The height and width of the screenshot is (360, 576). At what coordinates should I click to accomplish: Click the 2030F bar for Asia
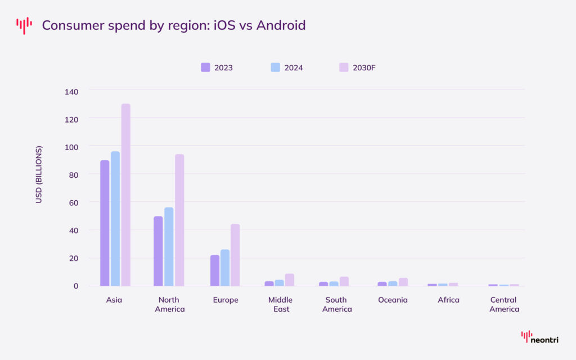(x=125, y=195)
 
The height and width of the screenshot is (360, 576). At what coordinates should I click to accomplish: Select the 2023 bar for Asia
(x=105, y=223)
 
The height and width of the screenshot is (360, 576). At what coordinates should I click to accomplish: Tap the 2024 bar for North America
(x=169, y=246)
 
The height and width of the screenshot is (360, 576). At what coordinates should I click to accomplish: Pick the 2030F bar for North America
(x=179, y=220)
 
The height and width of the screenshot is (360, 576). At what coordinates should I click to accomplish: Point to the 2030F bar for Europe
(x=235, y=255)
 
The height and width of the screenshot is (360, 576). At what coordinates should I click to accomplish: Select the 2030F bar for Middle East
(x=290, y=280)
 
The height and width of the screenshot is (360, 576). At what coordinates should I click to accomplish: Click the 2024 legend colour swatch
(x=276, y=67)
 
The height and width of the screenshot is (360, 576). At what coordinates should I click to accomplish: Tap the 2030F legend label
(x=364, y=68)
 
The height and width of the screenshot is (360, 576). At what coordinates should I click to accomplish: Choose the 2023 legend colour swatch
(x=205, y=67)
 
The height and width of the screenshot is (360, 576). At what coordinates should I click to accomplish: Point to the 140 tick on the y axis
(x=71, y=91)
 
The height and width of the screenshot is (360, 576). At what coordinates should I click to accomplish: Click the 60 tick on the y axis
(x=74, y=202)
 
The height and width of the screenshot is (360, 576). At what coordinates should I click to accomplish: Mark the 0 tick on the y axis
(x=76, y=286)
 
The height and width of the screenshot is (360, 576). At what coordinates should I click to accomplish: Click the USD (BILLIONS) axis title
(x=39, y=174)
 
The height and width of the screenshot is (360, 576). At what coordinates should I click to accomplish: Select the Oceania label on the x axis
(x=393, y=300)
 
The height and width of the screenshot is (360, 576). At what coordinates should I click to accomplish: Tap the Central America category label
(x=504, y=304)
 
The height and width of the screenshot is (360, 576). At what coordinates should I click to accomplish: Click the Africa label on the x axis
(x=448, y=300)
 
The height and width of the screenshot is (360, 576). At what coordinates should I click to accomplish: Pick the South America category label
(x=337, y=304)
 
